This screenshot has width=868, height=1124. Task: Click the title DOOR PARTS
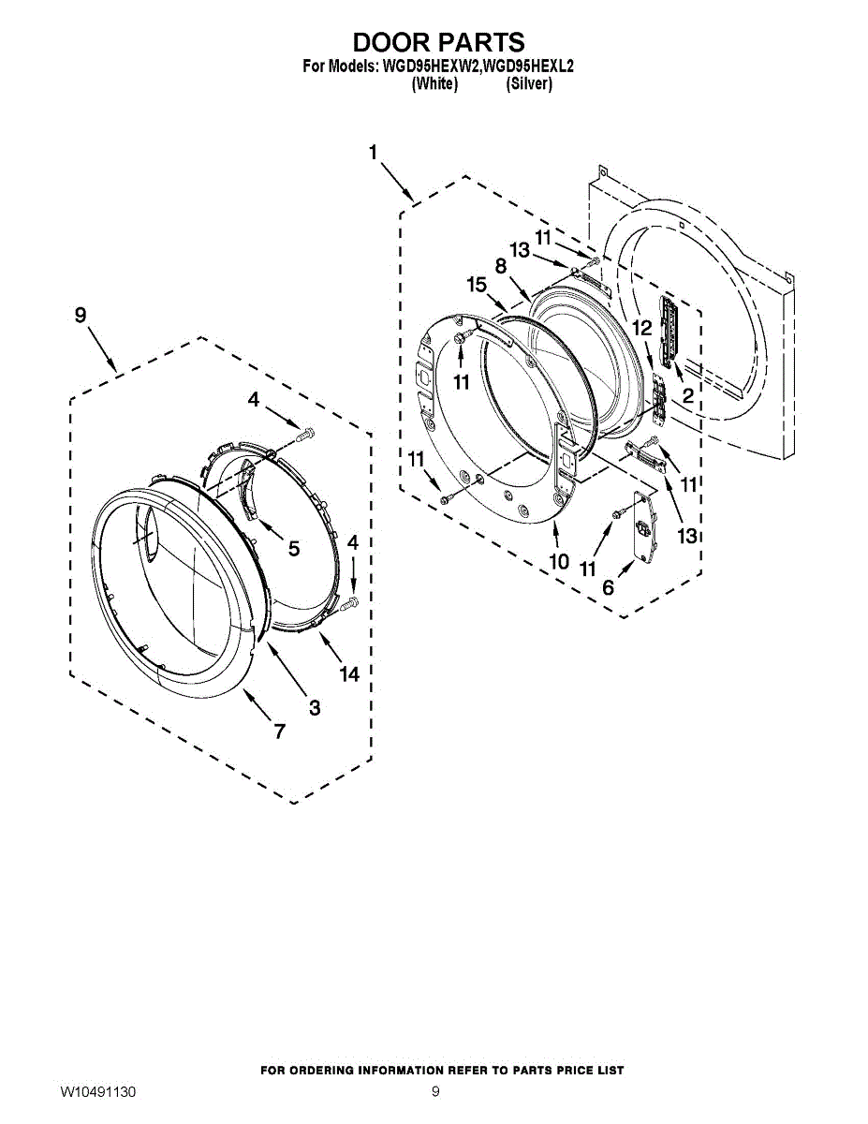point(438,42)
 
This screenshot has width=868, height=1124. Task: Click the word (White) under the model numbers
point(434,84)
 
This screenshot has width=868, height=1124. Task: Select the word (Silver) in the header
point(529,84)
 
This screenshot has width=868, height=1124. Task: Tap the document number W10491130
point(99,1092)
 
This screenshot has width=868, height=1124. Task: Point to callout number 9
point(81,316)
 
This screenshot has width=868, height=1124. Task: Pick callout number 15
point(477,285)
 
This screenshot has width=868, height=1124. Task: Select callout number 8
point(502,266)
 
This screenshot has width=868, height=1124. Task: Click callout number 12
point(641,329)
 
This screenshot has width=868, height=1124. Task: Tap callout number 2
point(687,396)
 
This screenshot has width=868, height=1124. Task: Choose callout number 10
point(559,562)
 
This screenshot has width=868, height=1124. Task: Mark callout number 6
point(609,587)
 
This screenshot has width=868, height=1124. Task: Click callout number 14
point(349,673)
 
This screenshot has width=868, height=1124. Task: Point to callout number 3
point(315,708)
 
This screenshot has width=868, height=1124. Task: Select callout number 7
point(279,732)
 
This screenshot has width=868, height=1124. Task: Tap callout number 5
point(294,549)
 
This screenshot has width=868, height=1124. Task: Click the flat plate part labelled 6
point(643,526)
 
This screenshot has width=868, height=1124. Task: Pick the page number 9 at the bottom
point(435,1092)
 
